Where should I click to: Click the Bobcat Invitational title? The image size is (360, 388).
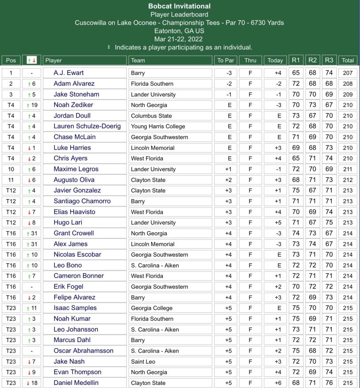coord(179,6)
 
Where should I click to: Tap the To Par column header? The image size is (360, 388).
coord(226,61)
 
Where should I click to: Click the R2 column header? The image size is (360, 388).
coord(313,60)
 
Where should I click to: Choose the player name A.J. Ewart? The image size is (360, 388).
coord(69,73)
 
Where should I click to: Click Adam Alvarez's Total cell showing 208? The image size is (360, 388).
coord(348,84)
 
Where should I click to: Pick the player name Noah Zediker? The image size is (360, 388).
coord(73,105)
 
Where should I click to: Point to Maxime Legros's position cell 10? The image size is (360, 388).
coord(11,169)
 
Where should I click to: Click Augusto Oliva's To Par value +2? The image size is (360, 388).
coord(226,180)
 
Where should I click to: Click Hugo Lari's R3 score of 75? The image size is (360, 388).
coord(329,223)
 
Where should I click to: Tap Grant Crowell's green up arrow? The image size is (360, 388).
coord(28,233)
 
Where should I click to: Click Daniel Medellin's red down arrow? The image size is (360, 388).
coord(28,383)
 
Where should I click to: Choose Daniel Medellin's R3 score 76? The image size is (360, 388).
coord(329,383)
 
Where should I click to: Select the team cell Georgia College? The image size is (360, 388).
coord(152,308)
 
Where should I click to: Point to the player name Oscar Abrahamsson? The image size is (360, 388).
coord(84,351)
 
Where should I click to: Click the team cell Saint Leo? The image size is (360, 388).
coord(143,362)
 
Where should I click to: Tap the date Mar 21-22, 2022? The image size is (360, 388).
coord(179,39)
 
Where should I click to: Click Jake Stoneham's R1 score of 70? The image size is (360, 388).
coord(296,94)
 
